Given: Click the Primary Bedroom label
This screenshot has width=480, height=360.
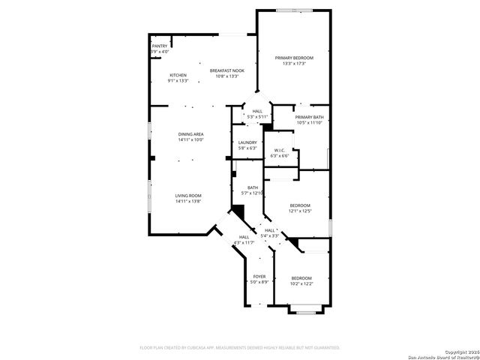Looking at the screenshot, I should tap(294, 58).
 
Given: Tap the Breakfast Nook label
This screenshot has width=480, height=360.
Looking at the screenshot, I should tap(226, 70).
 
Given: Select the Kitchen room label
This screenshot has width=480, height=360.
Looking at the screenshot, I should tap(178, 75).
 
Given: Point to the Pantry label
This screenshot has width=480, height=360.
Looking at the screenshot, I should tap(160, 46).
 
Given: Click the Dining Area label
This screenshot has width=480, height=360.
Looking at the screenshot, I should tap(190, 134).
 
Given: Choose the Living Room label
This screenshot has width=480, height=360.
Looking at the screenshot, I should tap(188, 195).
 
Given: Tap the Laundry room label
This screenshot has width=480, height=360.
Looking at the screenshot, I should tap(247, 142).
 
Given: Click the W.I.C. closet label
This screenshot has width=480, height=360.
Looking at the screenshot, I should tap(279, 150).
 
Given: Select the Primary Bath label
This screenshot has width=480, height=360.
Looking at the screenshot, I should tap(309, 117).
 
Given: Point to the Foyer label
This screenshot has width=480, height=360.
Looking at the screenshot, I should tap(259, 277).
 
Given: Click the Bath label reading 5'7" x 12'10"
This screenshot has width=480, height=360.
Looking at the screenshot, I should tap(253, 187).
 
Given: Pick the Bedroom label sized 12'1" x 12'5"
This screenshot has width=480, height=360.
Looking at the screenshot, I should tap(300, 205).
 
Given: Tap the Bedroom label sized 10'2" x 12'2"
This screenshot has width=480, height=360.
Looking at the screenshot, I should tap(301, 278).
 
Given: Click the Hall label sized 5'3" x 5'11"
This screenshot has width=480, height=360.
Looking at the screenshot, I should tap(257, 111).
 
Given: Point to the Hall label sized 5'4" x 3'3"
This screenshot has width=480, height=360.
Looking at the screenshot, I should tap(269, 230).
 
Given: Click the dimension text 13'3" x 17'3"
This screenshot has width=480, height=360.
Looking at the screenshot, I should tap(294, 64).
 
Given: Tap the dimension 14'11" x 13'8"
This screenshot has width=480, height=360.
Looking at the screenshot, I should tap(188, 201).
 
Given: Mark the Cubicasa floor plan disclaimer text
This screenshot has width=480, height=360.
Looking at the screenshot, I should tap(240, 348).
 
